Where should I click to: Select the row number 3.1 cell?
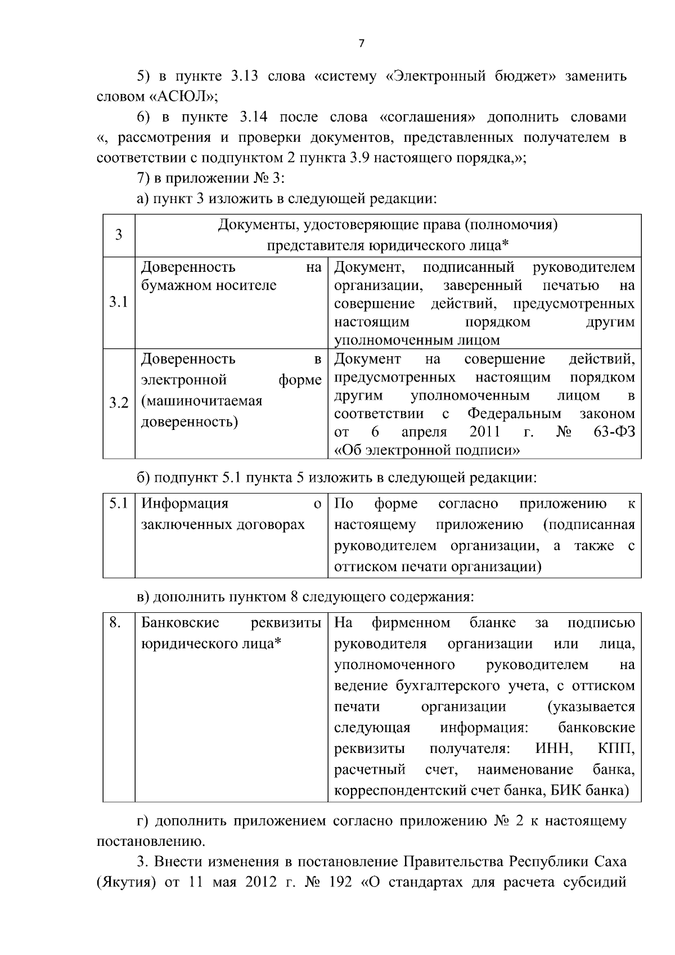(118, 303)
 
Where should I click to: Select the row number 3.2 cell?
(118, 403)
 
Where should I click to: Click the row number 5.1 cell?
(118, 504)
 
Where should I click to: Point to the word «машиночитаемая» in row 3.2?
(201, 401)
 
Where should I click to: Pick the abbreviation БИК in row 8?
(564, 791)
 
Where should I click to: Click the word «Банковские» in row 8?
(180, 623)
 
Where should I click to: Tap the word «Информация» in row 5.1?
(184, 504)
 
